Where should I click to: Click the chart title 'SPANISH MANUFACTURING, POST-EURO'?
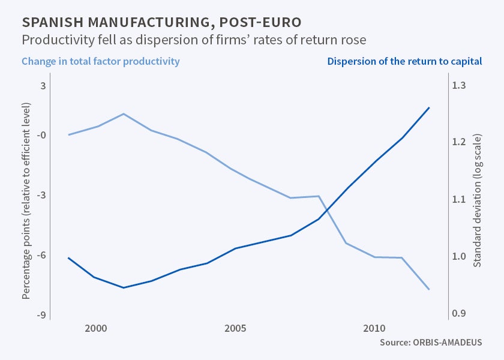pyautogui.click(x=161, y=23)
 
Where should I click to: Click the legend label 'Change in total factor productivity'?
pyautogui.click(x=101, y=61)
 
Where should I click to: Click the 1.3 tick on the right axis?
pyautogui.click(x=459, y=86)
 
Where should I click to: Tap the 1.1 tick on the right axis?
pyautogui.click(x=459, y=199)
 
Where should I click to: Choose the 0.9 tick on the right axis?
pyautogui.click(x=459, y=313)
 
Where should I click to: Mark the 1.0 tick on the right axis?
pyautogui.click(x=459, y=256)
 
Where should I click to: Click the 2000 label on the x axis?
pyautogui.click(x=96, y=329)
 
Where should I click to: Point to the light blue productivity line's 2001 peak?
pyautogui.click(x=124, y=113)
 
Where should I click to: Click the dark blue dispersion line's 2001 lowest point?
pyautogui.click(x=124, y=288)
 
